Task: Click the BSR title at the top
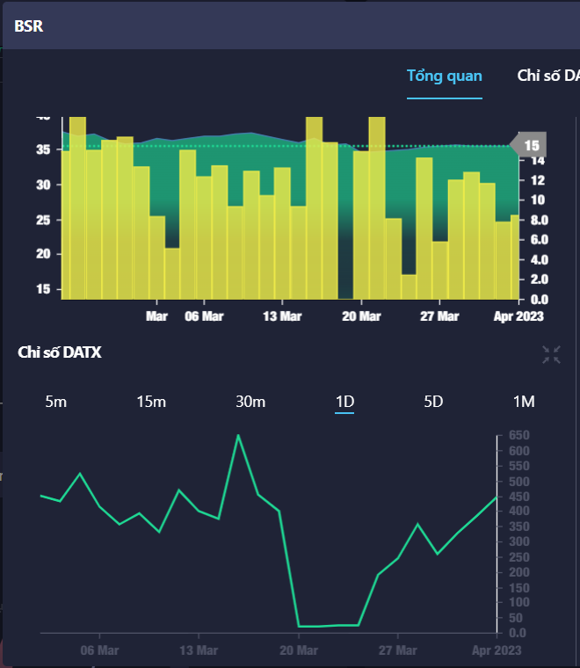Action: [x=29, y=25]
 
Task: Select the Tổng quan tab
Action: [x=444, y=76]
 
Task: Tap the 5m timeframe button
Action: [x=55, y=402]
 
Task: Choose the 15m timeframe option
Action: [x=151, y=402]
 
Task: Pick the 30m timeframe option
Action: [x=250, y=402]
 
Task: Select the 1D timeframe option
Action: [x=344, y=402]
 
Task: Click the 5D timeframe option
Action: [x=433, y=402]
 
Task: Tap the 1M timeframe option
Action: [x=524, y=402]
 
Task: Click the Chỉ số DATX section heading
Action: [x=60, y=352]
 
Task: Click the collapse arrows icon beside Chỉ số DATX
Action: [x=552, y=354]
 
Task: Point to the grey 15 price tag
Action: [x=530, y=145]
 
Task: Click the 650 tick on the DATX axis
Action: [x=518, y=435]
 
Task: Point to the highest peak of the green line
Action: [x=238, y=435]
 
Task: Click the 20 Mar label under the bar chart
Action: [x=361, y=316]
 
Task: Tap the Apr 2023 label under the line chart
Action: [x=497, y=650]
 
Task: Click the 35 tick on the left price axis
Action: [x=43, y=150]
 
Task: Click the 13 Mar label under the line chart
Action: [x=199, y=650]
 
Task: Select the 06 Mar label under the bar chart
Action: [x=204, y=316]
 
